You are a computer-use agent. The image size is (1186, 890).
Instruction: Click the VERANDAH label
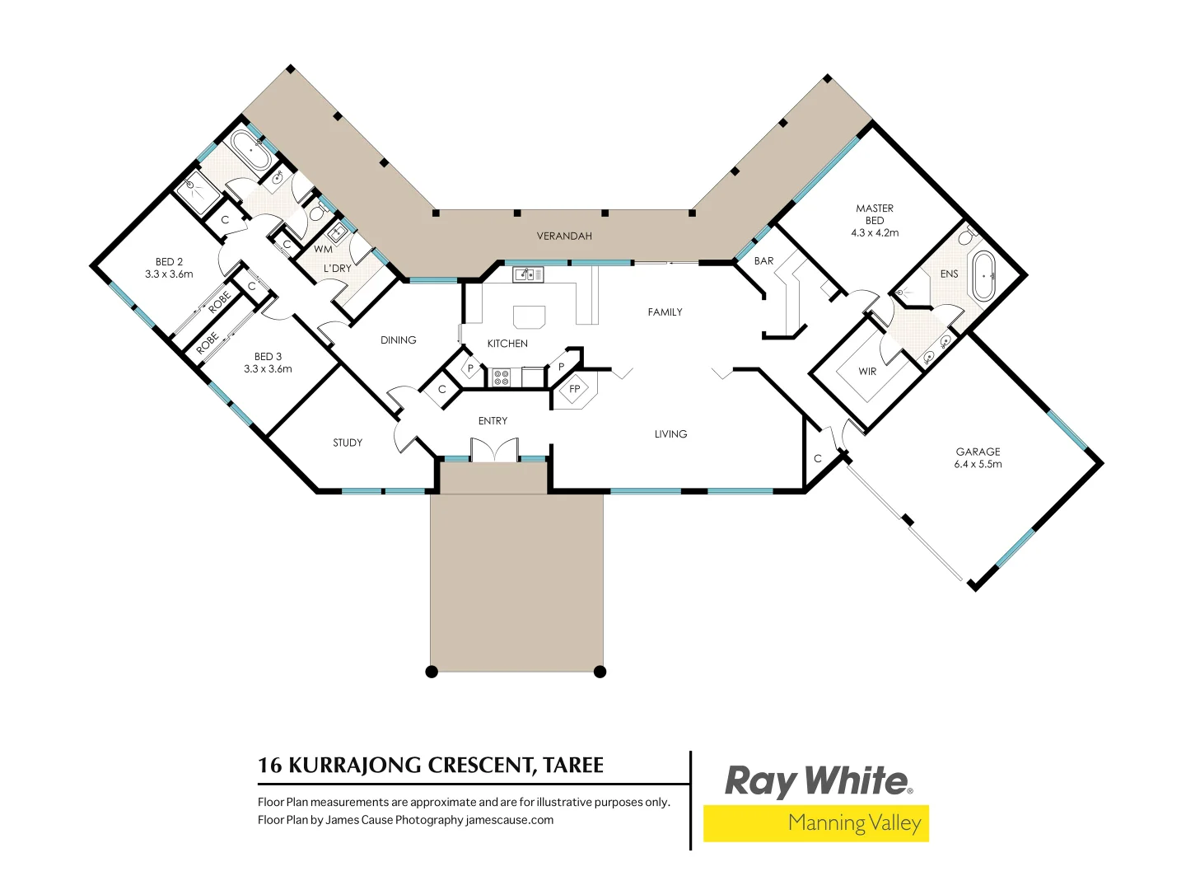(564, 237)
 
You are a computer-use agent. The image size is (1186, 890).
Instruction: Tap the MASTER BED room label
(875, 220)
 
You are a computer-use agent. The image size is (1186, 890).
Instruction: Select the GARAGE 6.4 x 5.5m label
(978, 457)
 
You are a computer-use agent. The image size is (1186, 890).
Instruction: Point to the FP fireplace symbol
(575, 390)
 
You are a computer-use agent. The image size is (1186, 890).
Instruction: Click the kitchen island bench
(529, 317)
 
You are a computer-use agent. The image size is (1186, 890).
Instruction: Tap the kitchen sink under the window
(528, 274)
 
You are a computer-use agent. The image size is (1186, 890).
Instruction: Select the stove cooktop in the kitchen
(501, 378)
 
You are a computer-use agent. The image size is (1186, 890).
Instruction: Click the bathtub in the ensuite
(983, 276)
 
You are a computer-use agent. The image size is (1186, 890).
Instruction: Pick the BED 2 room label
(169, 268)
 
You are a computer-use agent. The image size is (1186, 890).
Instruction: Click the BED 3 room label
(268, 363)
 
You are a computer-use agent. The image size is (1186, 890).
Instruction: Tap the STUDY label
(348, 443)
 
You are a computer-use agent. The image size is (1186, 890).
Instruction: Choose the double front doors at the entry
(494, 451)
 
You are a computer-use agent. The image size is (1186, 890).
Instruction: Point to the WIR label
(867, 372)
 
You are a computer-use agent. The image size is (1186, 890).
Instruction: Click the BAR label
(763, 261)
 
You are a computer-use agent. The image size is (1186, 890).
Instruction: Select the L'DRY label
(337, 269)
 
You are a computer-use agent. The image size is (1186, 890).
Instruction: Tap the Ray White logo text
(817, 781)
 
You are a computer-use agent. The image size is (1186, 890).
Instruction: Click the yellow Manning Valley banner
(815, 823)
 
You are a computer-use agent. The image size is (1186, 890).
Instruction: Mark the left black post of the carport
(432, 672)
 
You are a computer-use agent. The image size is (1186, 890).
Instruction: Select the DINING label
(398, 340)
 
